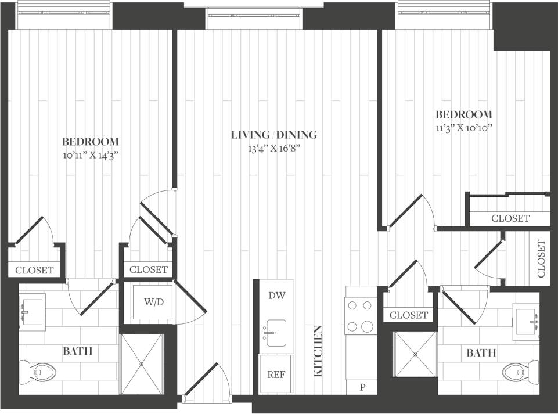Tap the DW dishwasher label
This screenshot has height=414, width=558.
[276, 295]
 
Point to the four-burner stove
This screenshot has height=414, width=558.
[359, 316]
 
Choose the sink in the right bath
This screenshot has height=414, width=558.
[528, 319]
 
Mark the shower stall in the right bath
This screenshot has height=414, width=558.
[415, 354]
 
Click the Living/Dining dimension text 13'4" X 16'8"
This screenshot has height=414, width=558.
[274, 149]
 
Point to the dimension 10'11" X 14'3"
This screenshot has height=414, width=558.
[91, 155]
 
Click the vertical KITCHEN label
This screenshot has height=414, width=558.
[318, 352]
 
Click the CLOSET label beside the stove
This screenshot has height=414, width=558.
[409, 315]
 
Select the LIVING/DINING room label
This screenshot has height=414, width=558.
[274, 135]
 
